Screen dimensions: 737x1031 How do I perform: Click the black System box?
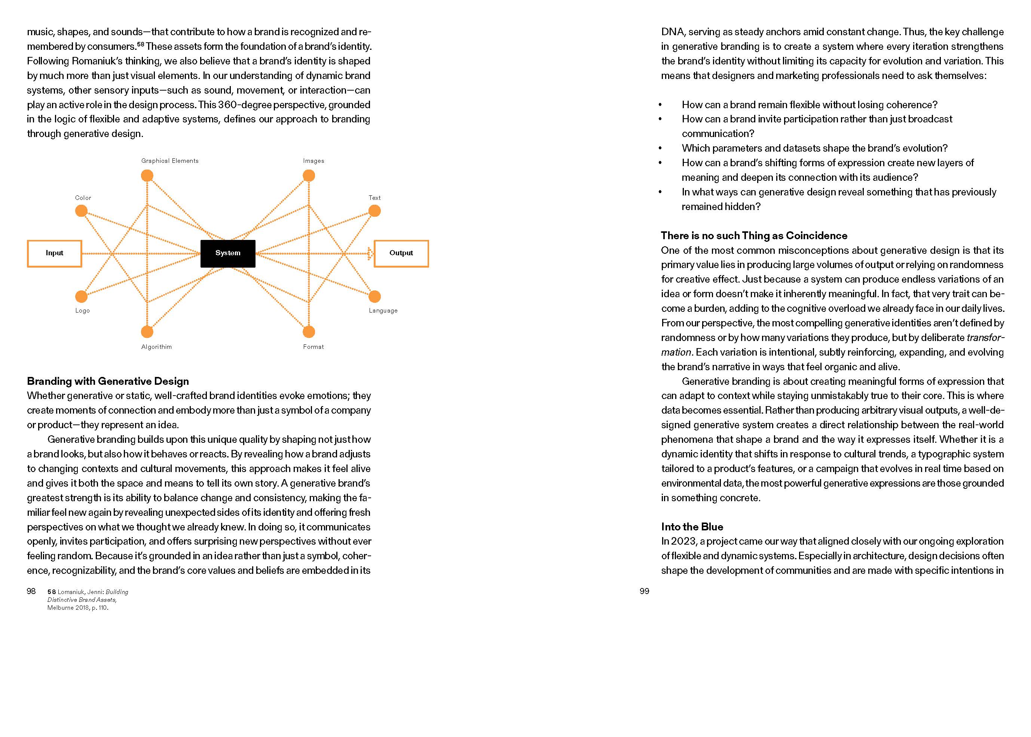[228, 253]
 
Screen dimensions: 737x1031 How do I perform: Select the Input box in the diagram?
[54, 253]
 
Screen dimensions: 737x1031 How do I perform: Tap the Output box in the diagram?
[401, 253]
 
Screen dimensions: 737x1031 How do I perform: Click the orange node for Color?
[81, 211]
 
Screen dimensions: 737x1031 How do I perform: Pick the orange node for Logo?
[81, 296]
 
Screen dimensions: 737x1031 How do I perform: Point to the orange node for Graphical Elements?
[147, 175]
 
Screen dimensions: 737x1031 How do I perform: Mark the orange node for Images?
[309, 175]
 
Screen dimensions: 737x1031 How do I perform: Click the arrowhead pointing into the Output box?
[370, 253]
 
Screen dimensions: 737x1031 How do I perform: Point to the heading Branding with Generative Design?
[108, 381]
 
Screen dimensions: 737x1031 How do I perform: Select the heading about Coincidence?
[754, 235]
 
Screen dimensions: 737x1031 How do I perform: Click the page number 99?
[644, 591]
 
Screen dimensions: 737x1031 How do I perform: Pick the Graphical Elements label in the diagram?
[169, 161]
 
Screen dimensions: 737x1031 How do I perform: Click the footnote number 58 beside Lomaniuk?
[52, 592]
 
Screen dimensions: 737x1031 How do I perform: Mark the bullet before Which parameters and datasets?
[660, 148]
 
